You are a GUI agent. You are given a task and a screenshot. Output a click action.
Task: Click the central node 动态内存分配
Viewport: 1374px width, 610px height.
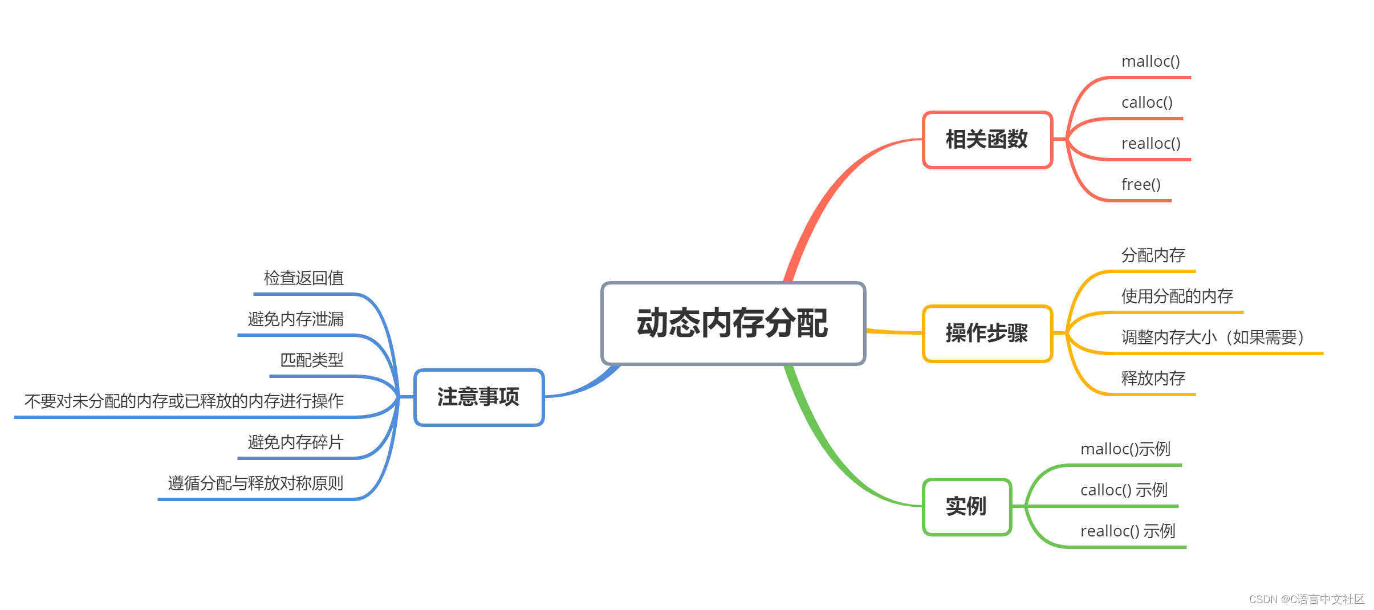[733, 323]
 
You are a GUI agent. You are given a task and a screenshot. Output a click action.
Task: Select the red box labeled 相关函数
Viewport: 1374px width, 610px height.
[987, 140]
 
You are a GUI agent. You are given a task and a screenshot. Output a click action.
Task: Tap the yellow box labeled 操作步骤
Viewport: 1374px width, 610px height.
[987, 334]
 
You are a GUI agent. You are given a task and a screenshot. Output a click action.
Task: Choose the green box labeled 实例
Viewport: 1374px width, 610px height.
[966, 506]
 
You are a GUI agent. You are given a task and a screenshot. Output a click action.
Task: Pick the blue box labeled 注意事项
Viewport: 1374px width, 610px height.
[479, 397]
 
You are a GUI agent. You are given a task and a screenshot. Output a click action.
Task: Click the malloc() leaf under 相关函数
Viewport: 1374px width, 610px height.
[1151, 62]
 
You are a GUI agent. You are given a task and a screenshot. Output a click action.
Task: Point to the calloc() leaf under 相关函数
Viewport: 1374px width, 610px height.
[1147, 103]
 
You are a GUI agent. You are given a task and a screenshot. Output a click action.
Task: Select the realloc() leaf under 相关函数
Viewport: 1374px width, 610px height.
[1151, 144]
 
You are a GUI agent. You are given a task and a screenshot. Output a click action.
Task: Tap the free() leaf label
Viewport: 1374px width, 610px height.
[1141, 185]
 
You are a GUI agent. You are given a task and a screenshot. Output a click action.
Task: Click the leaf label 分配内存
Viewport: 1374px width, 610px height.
[1153, 255]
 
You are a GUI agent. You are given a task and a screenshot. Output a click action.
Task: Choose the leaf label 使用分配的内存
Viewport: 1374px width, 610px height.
[1177, 296]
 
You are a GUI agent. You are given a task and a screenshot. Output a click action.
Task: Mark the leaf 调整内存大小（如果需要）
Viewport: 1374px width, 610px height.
[1213, 337]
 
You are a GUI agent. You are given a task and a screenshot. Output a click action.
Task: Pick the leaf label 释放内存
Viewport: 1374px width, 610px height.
[1153, 379]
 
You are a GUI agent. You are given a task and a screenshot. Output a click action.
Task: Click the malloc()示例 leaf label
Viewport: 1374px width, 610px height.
[1125, 449]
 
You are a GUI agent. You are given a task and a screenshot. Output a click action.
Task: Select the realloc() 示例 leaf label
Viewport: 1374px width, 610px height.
[1128, 531]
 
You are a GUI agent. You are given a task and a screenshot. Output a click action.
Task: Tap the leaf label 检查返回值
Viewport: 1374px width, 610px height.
[304, 278]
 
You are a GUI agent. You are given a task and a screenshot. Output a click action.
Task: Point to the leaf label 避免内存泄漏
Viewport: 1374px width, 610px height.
[296, 319]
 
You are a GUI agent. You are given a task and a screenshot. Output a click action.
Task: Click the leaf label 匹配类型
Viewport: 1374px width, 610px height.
[312, 360]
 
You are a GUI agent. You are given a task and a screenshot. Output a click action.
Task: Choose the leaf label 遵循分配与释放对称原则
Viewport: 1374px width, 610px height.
[256, 483]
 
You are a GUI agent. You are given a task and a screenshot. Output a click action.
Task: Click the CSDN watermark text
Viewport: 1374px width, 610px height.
[1307, 599]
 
